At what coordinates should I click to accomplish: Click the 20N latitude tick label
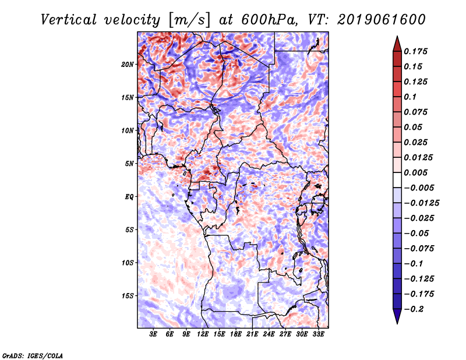pos(128,65)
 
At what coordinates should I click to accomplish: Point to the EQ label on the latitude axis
pos(129,197)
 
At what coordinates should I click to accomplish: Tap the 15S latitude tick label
pos(128,296)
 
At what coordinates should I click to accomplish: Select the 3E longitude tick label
pos(153,334)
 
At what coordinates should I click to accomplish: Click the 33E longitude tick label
pos(318,334)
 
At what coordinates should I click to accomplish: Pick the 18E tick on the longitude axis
pos(236,334)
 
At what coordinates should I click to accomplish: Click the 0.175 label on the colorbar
pos(415,51)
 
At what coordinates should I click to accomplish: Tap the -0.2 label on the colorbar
pos(414,309)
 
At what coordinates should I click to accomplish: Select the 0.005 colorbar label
pos(415,172)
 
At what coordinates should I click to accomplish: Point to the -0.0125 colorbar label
pos(421,203)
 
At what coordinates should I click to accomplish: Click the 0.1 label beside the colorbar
pos(410,97)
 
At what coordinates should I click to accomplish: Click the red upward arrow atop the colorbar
pos(397,44)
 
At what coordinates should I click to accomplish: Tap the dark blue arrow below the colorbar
pos(397,316)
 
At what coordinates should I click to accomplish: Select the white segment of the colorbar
pos(397,180)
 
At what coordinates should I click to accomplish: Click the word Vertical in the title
pos(69,20)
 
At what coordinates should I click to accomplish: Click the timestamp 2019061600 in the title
pos(382,20)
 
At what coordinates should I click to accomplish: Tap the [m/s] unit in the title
pos(189,20)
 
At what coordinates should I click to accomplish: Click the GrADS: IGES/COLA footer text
pos(33,355)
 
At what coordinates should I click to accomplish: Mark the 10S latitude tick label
pos(128,263)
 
